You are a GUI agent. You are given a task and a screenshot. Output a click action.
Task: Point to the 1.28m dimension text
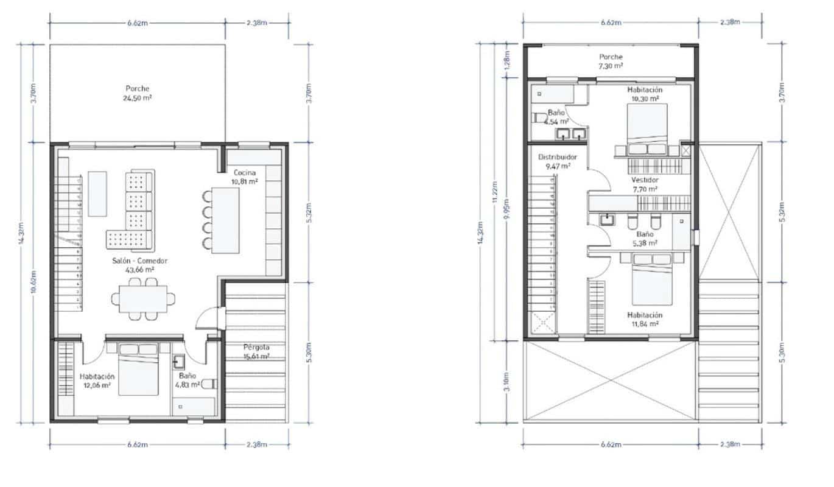[507, 61]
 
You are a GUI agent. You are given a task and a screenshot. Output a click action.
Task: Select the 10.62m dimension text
[33, 283]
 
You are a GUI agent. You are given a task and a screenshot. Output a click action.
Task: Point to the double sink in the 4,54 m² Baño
[570, 133]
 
